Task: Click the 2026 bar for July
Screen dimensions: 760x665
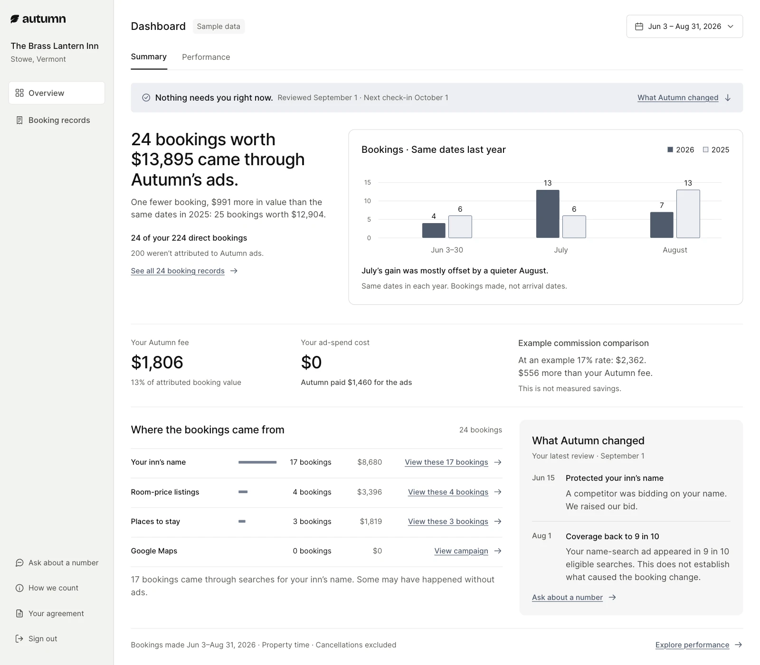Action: point(548,214)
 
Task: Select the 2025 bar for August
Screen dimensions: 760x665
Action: point(688,214)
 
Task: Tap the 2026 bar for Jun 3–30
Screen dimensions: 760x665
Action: point(434,231)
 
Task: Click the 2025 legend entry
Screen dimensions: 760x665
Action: point(716,150)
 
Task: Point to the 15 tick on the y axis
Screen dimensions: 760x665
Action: point(368,182)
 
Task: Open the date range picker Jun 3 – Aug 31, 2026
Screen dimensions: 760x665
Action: point(684,27)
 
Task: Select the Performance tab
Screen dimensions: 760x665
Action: point(206,57)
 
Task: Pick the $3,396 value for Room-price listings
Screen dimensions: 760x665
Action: point(370,492)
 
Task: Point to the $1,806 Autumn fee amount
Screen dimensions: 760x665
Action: point(157,363)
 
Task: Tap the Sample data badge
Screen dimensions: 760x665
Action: point(218,27)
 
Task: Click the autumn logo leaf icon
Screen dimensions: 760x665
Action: point(15,19)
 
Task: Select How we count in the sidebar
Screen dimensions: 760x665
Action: point(47,588)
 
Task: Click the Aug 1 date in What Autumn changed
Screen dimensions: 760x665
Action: point(541,535)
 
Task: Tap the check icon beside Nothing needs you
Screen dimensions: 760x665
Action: point(146,98)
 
